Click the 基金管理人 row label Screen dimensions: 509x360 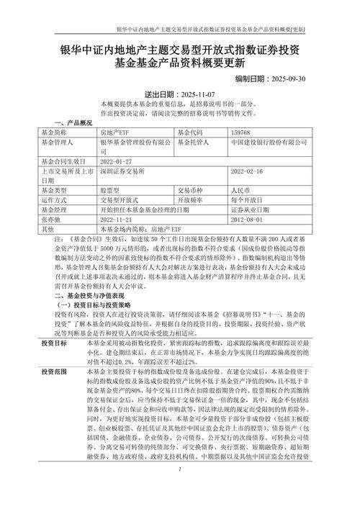(58, 143)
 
